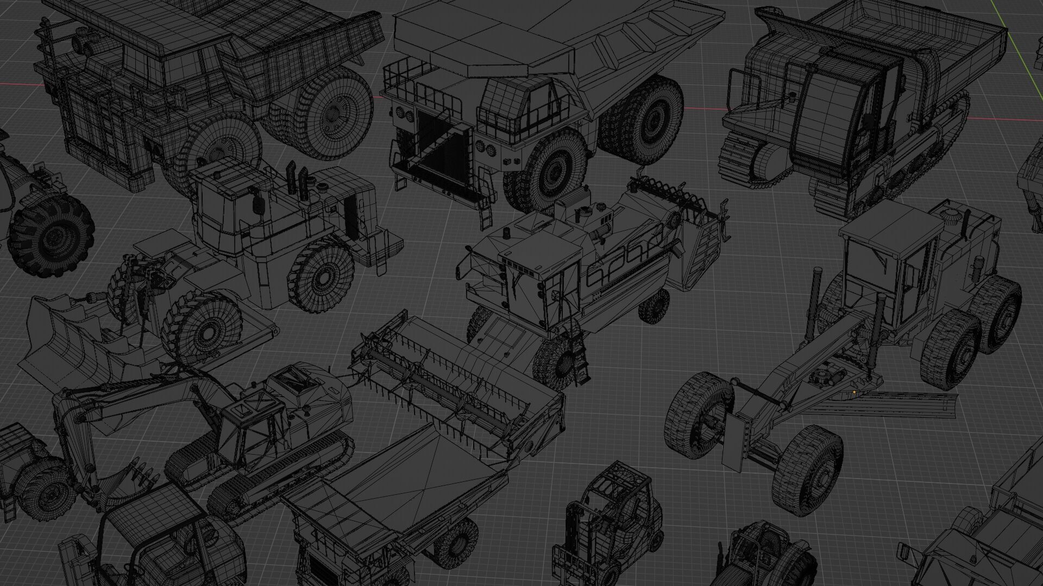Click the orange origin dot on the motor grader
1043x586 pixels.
pos(854,391)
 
